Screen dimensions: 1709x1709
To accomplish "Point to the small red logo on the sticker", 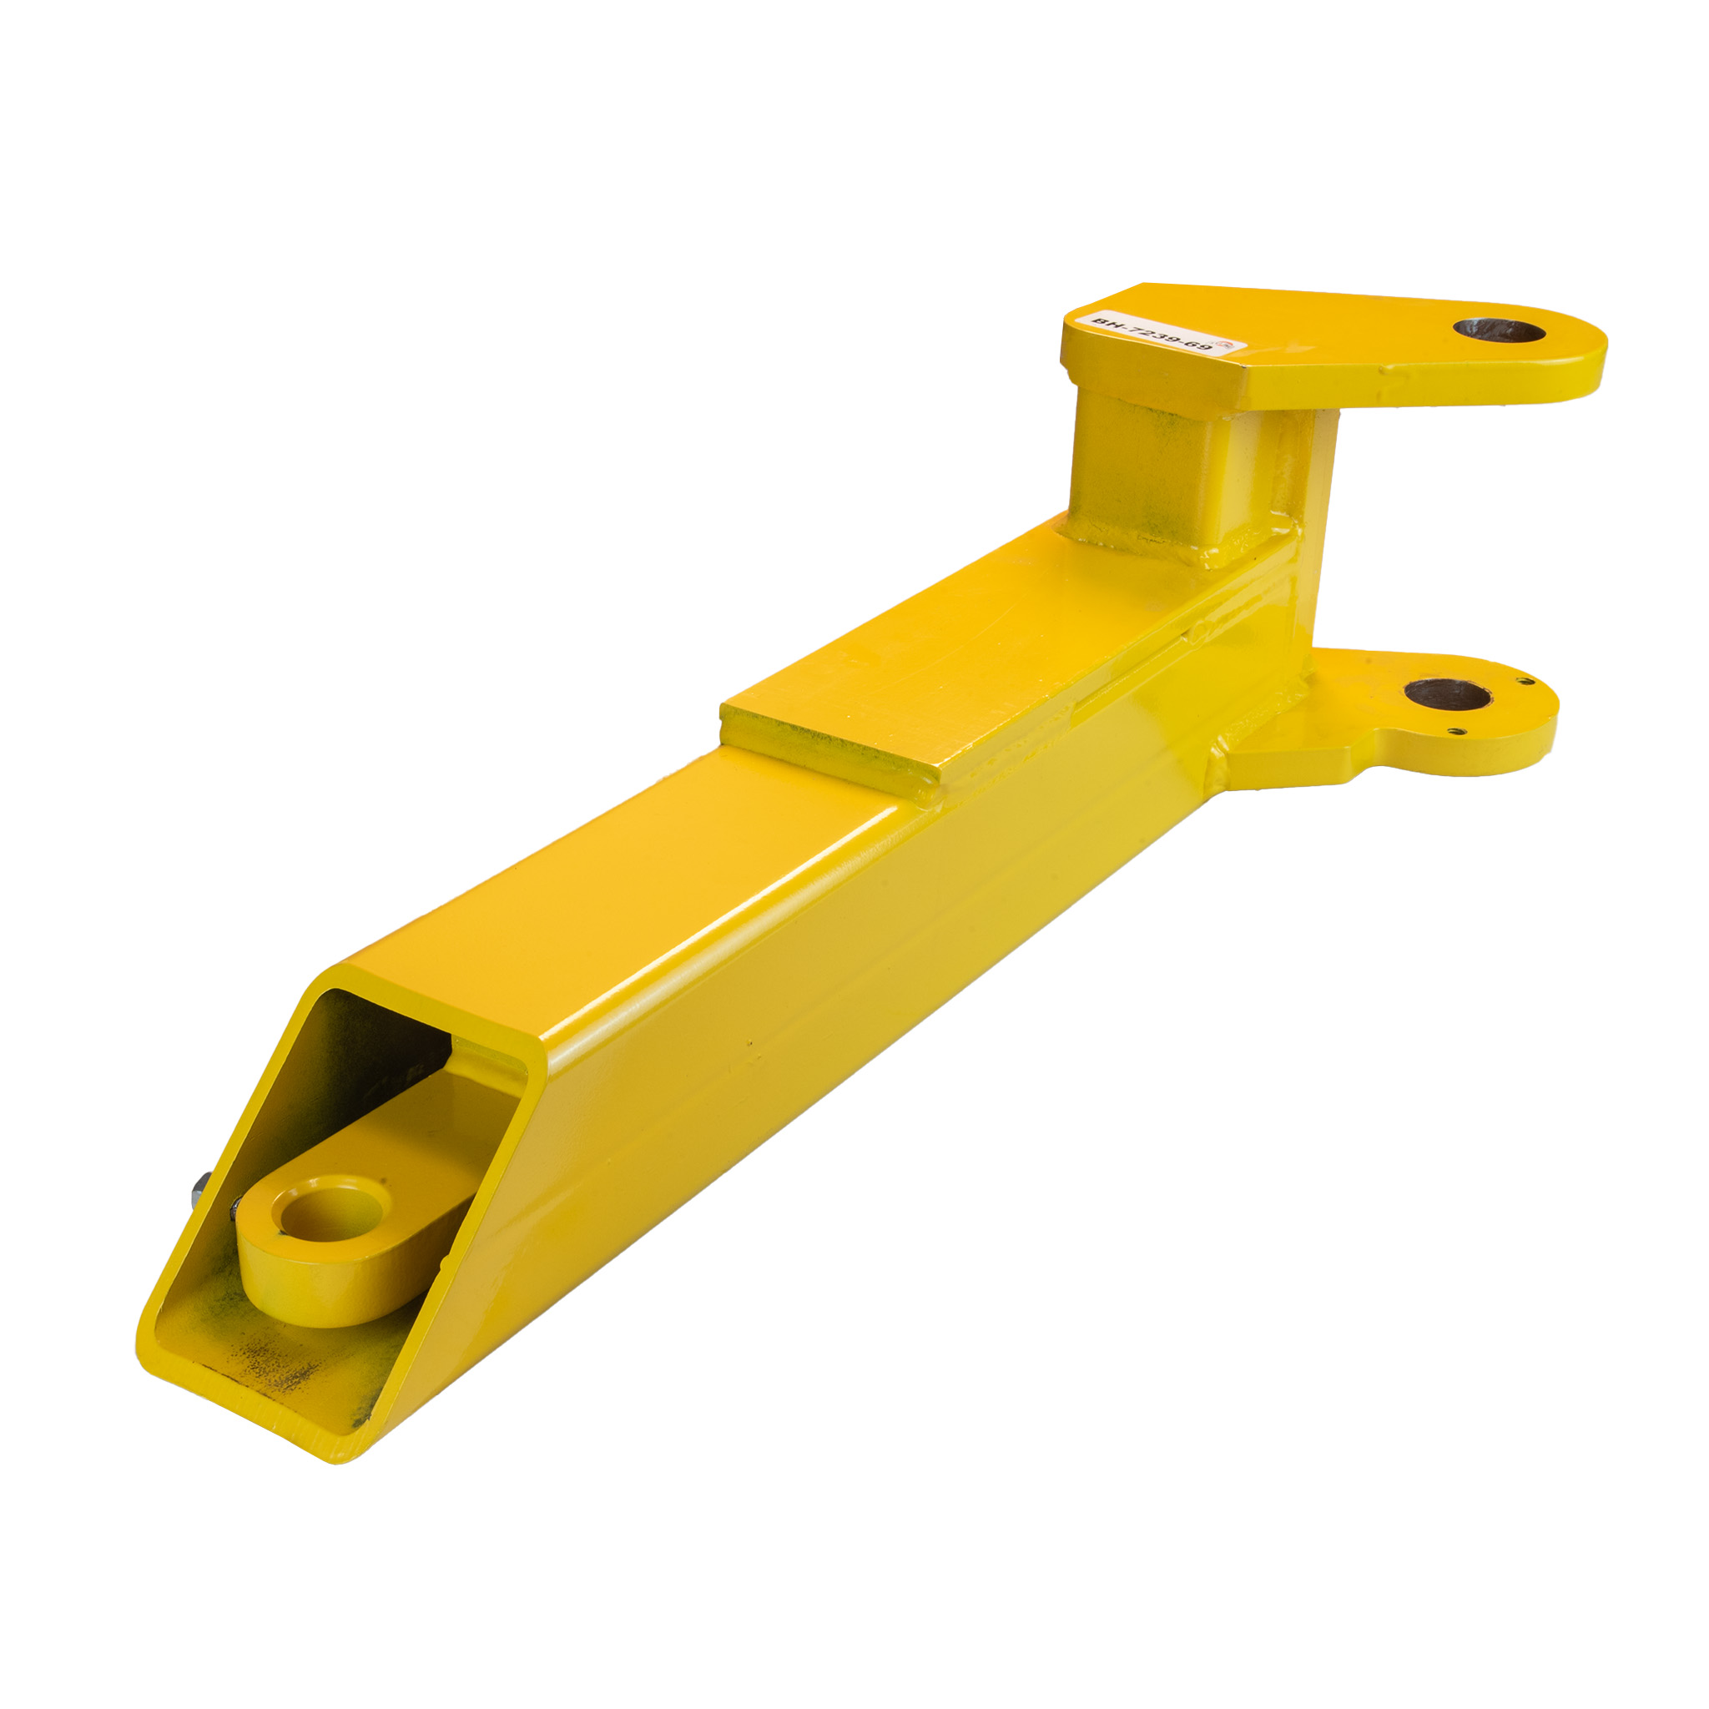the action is (1225, 342).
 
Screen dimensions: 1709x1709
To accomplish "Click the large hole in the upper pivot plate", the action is (1499, 333).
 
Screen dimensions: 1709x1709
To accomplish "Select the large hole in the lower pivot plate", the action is (1446, 694).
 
